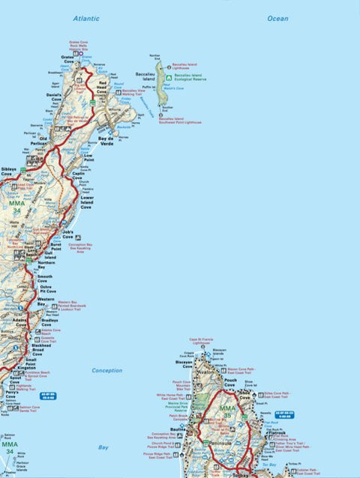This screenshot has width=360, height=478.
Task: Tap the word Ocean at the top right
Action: click(277, 18)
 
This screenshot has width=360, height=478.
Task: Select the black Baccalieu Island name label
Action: click(145, 77)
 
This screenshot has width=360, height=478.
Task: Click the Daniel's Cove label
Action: click(52, 98)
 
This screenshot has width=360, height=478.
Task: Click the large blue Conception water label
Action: click(106, 370)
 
